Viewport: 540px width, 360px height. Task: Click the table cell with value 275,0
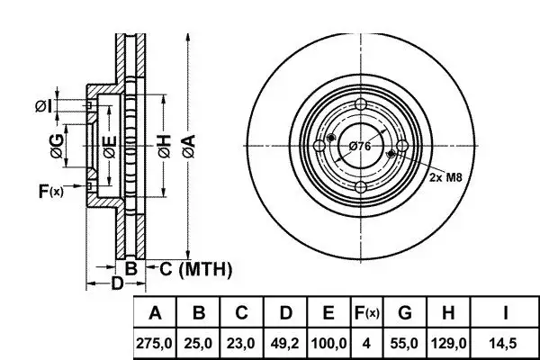pos(156,344)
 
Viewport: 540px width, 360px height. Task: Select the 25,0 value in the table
pos(200,344)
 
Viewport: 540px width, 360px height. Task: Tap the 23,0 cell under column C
pos(242,344)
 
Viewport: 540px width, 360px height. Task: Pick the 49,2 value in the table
pos(285,344)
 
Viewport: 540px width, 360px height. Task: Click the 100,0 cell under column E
pos(328,344)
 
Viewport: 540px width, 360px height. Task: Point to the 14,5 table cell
pos(505,344)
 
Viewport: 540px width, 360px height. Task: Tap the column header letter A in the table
pos(156,314)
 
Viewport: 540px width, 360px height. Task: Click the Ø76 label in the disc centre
pos(360,146)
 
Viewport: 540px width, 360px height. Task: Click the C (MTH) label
pos(195,268)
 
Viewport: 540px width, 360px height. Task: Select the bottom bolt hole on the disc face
pos(360,186)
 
